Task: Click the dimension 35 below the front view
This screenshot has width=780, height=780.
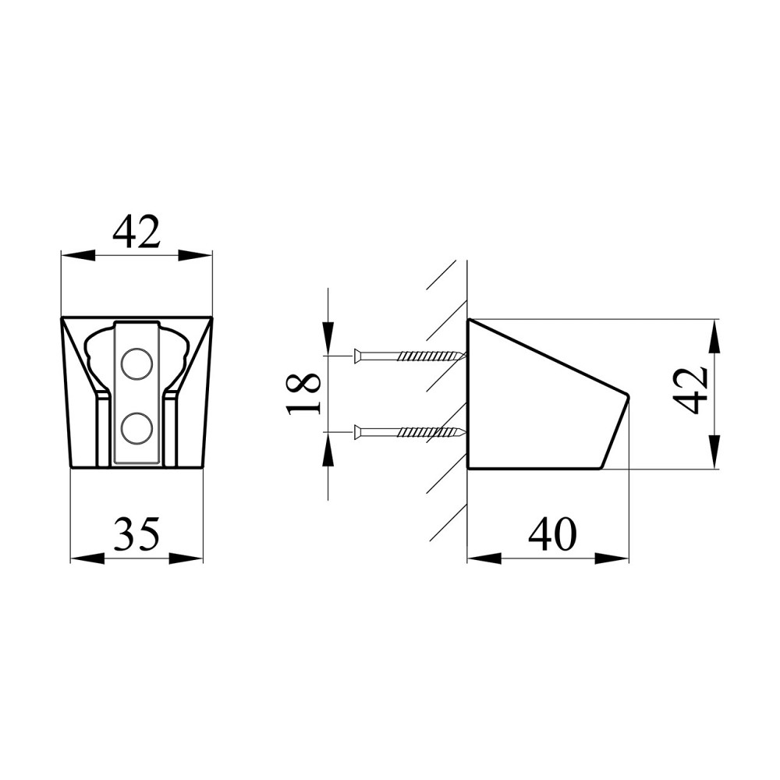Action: pyautogui.click(x=136, y=534)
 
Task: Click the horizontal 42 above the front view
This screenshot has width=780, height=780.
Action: pyautogui.click(x=136, y=231)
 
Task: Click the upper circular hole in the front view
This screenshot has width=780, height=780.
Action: pyautogui.click(x=136, y=364)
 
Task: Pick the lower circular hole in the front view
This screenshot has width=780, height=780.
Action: pyautogui.click(x=136, y=428)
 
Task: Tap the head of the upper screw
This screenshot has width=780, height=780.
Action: pyautogui.click(x=357, y=356)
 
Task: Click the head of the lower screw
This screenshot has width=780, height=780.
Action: pyautogui.click(x=357, y=432)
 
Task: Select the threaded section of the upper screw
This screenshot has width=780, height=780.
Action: pyautogui.click(x=432, y=356)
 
